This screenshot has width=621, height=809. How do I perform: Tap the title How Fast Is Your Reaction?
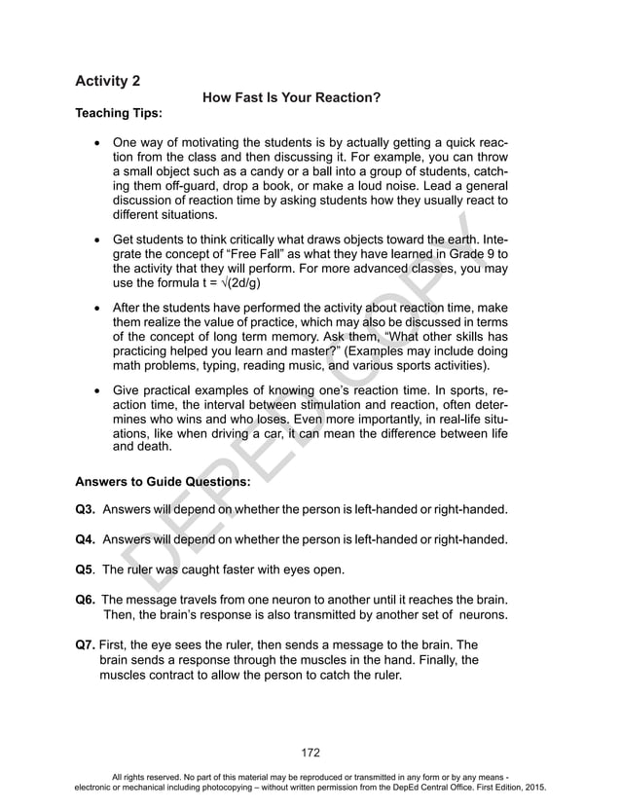[290, 97]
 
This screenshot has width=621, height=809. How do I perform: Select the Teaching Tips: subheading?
[119, 114]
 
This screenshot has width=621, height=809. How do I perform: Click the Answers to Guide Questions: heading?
[164, 481]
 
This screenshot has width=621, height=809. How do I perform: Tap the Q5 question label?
[86, 570]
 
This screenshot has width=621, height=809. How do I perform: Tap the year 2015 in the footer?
[533, 786]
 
